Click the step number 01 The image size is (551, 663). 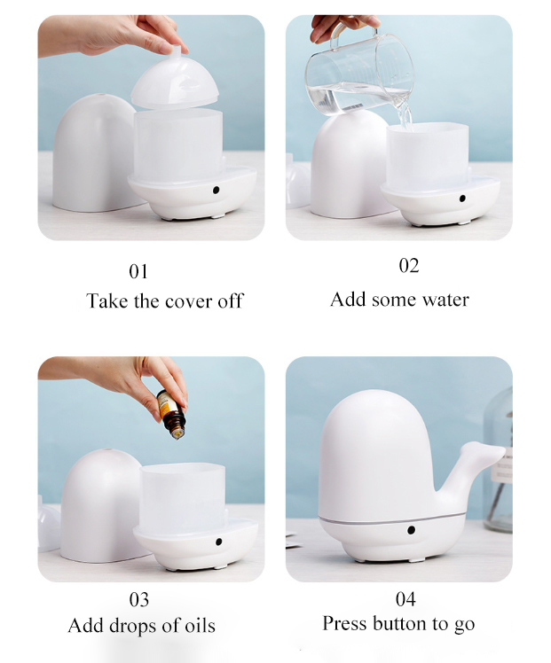point(138,271)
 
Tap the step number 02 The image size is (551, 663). point(409,266)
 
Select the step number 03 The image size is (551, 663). point(138,599)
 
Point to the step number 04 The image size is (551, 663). point(405,598)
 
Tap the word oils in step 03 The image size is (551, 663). point(201,626)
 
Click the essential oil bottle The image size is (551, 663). point(171,415)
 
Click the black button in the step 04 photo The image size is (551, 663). point(411,530)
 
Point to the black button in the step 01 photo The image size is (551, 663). point(216,191)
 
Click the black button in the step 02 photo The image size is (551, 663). point(462,199)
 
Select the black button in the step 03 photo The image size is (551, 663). point(219,542)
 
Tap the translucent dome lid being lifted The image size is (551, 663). point(175,81)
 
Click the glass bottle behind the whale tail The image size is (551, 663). point(499,461)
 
